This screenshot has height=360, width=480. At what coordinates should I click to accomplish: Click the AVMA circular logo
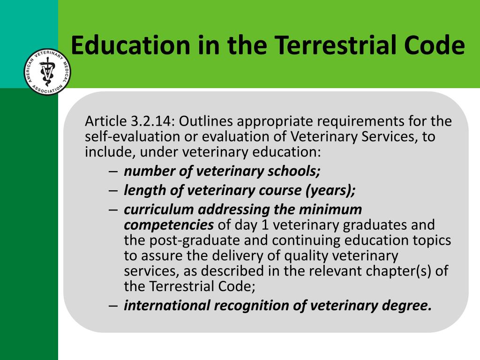click(47, 72)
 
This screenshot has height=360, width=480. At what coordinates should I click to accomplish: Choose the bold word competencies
click(169, 225)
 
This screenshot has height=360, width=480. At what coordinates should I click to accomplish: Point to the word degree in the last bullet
click(406, 306)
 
